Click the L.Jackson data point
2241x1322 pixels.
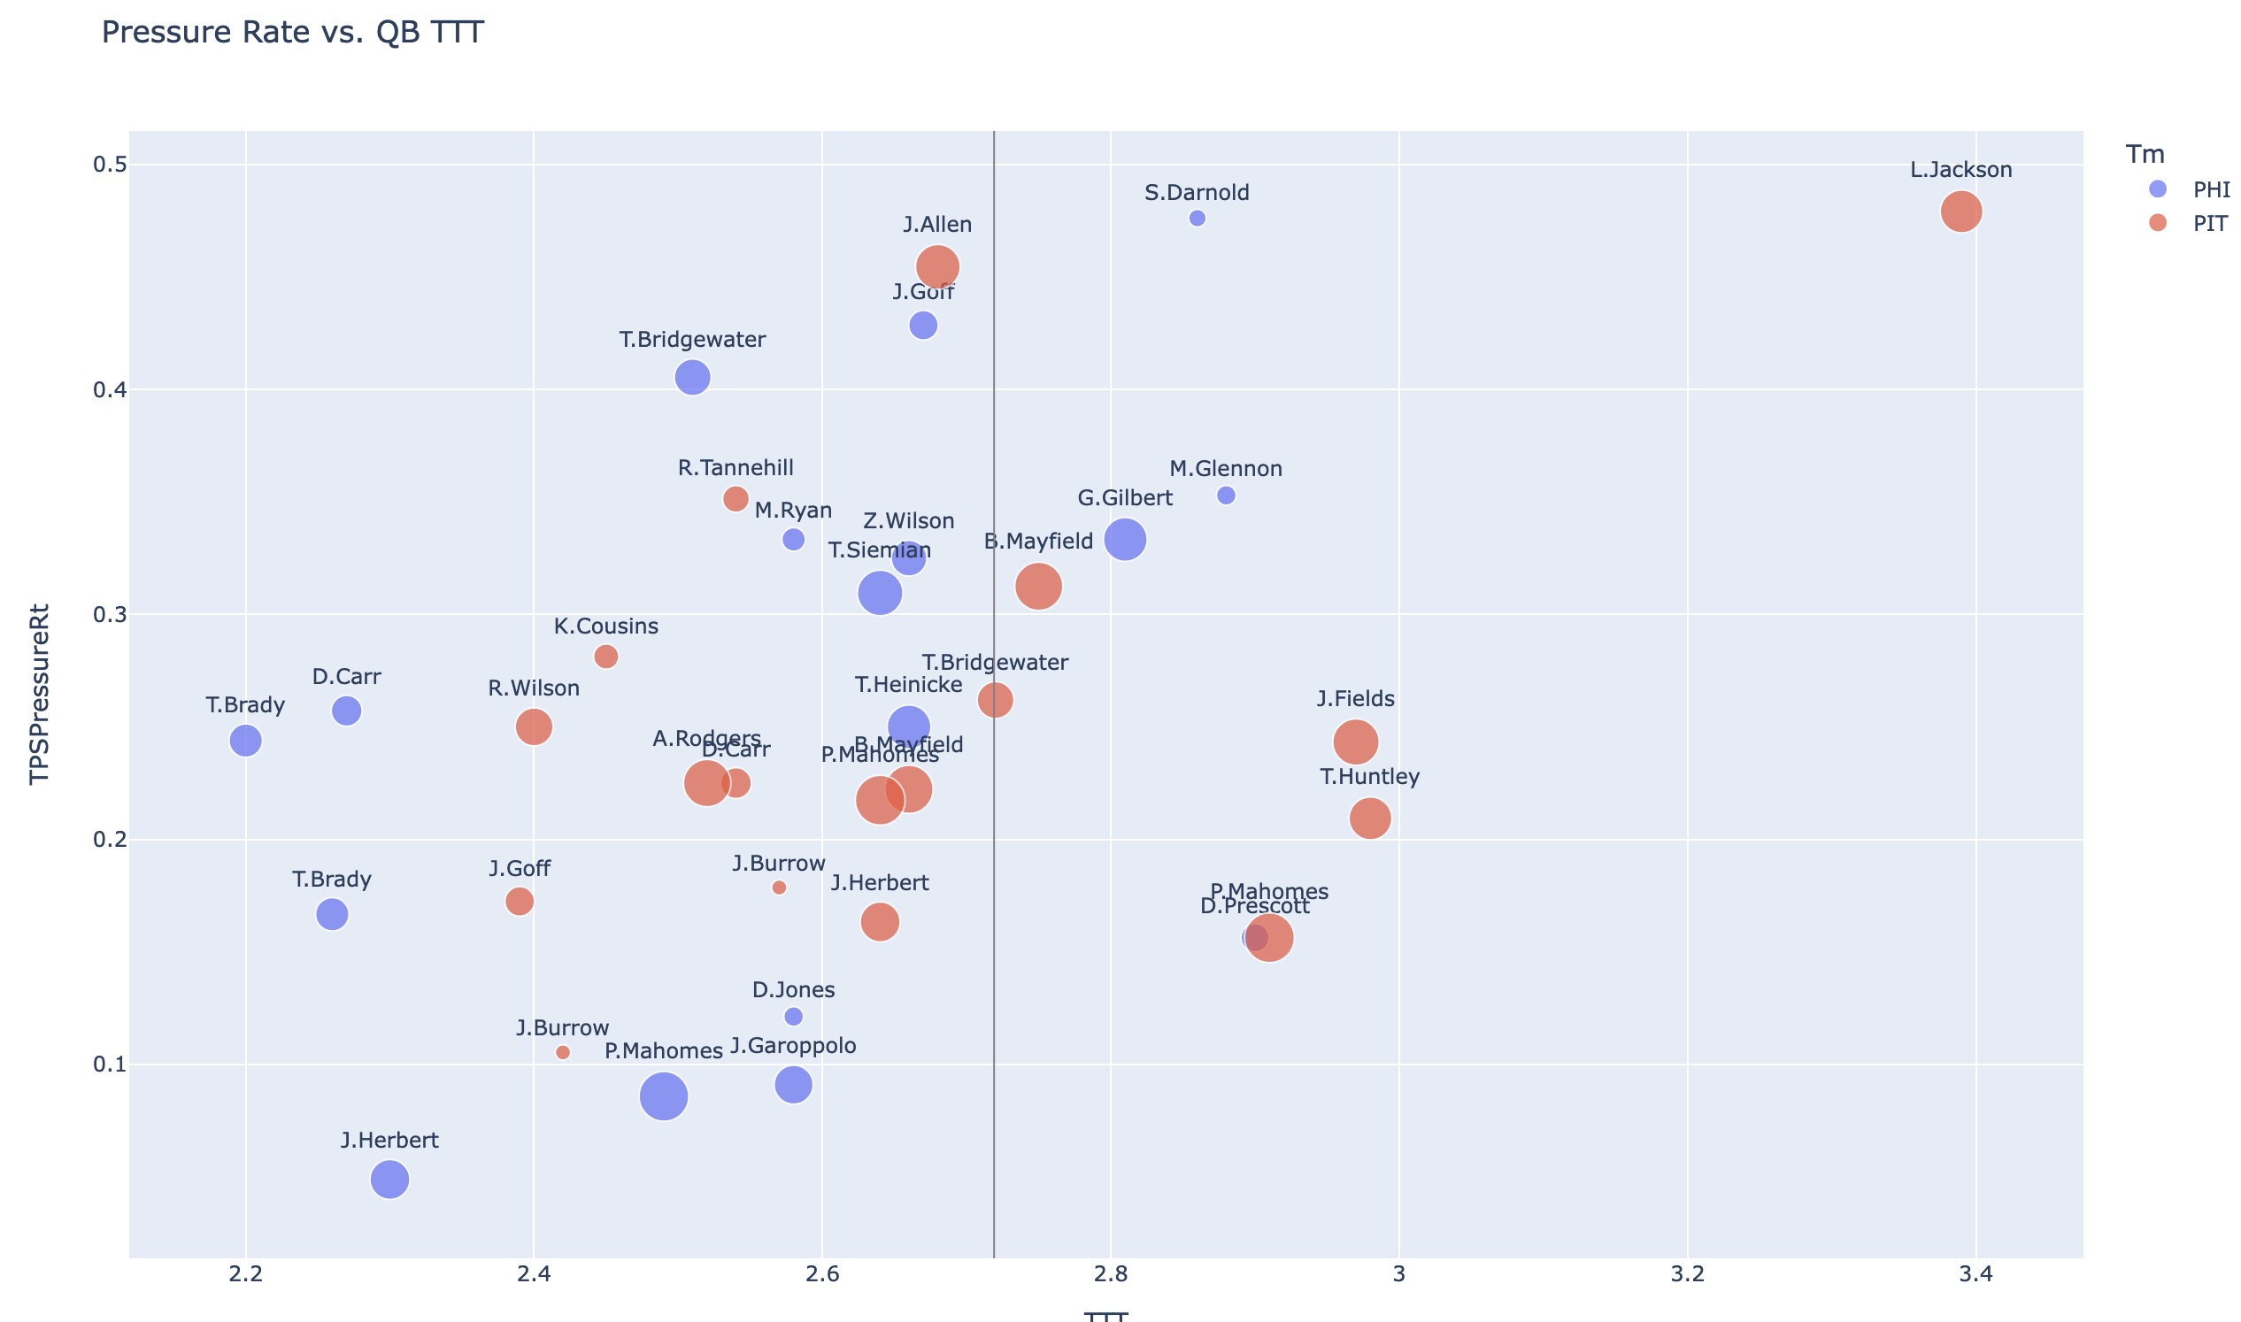pyautogui.click(x=1960, y=212)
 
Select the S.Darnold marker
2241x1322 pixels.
pyautogui.click(x=1197, y=219)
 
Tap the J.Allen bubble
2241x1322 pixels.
pyautogui.click(x=937, y=266)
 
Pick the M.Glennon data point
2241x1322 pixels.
pyautogui.click(x=1226, y=496)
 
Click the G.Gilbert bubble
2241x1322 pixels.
pyautogui.click(x=1125, y=540)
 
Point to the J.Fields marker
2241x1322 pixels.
pyautogui.click(x=1355, y=742)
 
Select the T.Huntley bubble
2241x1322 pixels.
pyautogui.click(x=1369, y=819)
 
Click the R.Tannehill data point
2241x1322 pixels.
pyautogui.click(x=735, y=499)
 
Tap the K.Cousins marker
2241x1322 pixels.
pyautogui.click(x=606, y=657)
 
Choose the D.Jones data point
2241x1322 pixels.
pyautogui.click(x=793, y=1017)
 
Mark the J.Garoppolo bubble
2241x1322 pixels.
pyautogui.click(x=793, y=1085)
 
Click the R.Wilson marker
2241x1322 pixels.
pyautogui.click(x=534, y=726)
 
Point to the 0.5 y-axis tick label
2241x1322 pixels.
pyautogui.click(x=110, y=165)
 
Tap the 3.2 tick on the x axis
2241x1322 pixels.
pyautogui.click(x=1687, y=1274)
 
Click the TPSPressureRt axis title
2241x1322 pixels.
pyautogui.click(x=39, y=695)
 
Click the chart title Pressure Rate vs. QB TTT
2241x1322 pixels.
pyautogui.click(x=292, y=32)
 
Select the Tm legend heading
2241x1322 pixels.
pyautogui.click(x=2144, y=154)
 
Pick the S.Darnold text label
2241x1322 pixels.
pyautogui.click(x=1197, y=192)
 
